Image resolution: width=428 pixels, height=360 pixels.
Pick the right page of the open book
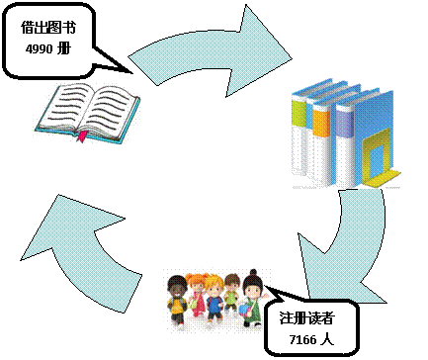(x=107, y=107)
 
